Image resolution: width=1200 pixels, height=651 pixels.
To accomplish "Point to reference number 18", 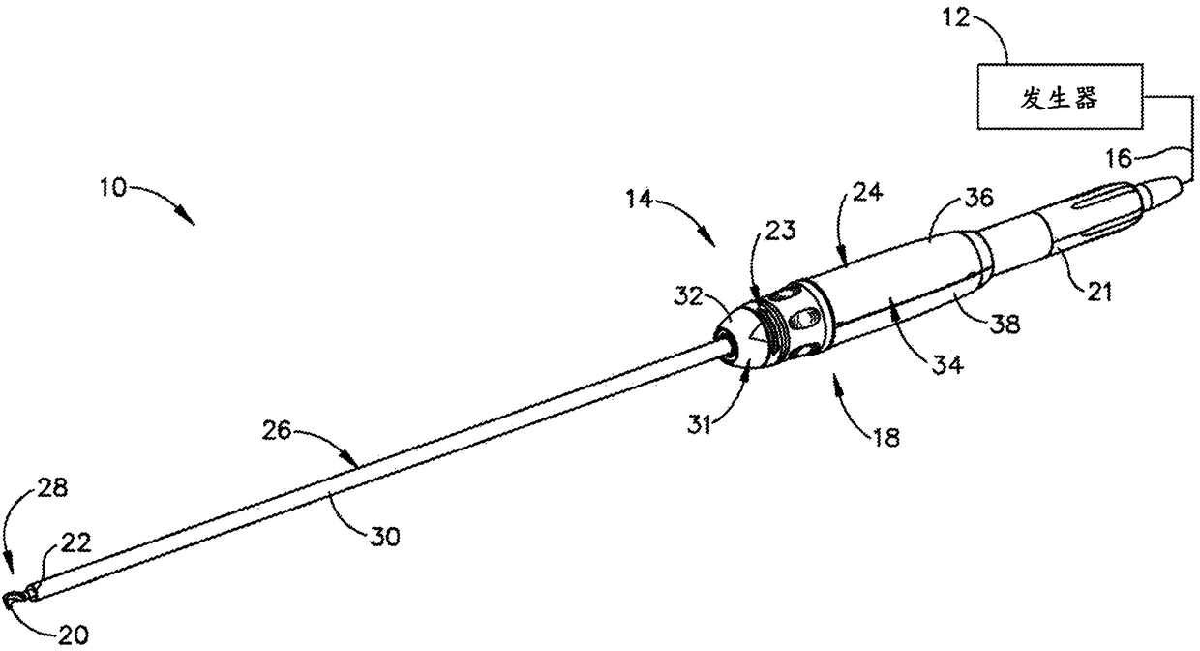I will pyautogui.click(x=886, y=438).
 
